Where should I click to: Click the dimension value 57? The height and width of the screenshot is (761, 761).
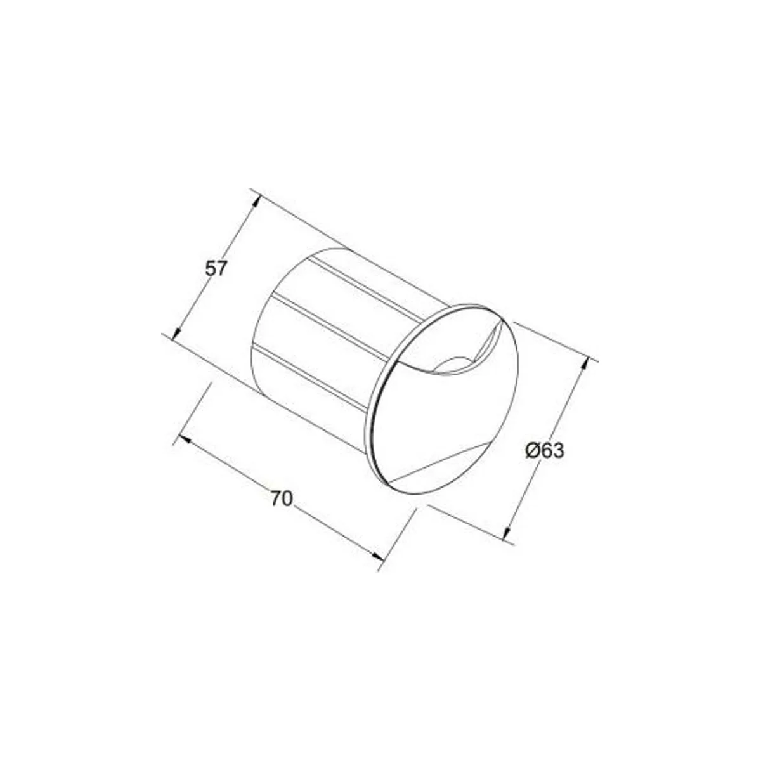[215, 269]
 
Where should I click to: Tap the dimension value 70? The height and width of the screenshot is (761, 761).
[282, 499]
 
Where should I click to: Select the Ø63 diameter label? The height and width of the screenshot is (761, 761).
[545, 451]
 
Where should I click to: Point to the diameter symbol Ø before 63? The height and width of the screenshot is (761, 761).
[533, 451]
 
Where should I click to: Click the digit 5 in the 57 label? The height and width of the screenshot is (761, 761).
[210, 269]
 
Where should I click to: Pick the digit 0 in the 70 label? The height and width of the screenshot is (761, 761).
[287, 499]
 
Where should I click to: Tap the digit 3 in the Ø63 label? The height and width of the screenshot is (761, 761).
[559, 451]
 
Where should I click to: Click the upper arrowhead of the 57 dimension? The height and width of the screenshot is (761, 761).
[256, 203]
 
